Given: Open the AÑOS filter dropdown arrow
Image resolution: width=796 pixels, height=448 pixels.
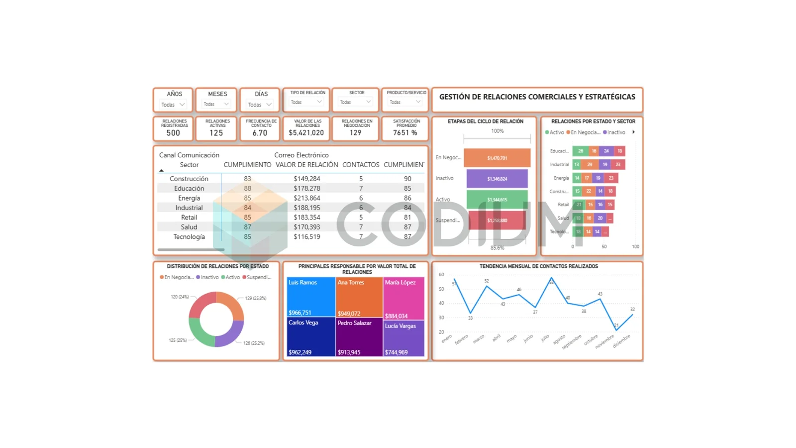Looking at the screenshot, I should point(182,105).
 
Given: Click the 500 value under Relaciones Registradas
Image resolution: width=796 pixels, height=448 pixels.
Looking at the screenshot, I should point(173,133).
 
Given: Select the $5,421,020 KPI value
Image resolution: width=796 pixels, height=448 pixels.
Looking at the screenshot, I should point(306,133).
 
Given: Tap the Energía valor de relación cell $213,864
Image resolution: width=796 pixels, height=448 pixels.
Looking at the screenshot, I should point(306,198).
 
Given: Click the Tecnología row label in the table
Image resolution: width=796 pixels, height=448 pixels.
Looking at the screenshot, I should point(189,237).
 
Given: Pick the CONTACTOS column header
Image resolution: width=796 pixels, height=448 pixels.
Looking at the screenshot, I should point(360,165).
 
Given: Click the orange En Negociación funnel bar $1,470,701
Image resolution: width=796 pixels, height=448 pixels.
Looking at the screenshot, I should point(497,158).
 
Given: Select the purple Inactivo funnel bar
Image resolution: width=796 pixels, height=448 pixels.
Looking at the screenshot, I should point(497,179).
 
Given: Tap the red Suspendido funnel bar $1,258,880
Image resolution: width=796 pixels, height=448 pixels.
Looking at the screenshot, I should point(497,220).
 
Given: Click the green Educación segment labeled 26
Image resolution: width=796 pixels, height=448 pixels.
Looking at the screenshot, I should point(580,151).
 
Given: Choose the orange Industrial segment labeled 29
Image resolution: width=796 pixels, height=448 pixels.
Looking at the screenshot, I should point(590,164).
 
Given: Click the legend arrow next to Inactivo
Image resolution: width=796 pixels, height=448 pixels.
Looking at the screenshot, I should point(633,132).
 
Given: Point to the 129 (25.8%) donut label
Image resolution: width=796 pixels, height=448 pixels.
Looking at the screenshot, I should point(255,298).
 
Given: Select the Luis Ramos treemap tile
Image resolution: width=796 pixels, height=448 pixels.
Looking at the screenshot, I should point(310,297).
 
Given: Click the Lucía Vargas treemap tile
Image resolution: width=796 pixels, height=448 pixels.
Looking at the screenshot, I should point(403,338).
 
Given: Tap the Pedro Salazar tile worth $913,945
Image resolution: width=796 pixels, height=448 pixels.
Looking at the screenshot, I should point(359,338).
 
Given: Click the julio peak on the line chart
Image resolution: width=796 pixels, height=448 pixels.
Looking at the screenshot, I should point(551,278).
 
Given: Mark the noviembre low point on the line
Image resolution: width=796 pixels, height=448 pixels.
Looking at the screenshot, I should point(616,330).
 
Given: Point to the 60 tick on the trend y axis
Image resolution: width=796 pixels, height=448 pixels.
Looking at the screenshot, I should point(441,275).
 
